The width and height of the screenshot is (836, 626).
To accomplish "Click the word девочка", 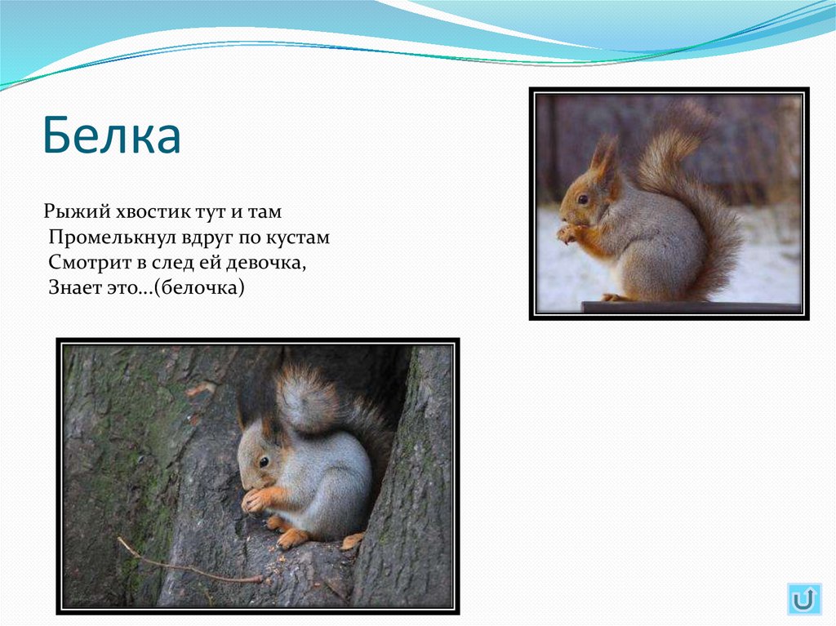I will [x=269, y=264].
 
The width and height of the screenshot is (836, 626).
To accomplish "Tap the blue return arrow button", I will [x=804, y=599].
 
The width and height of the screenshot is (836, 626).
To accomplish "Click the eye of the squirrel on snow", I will [x=583, y=199].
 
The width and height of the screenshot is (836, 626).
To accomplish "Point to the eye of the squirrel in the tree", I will [x=264, y=462].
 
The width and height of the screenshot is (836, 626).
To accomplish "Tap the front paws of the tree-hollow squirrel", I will [x=255, y=499].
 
